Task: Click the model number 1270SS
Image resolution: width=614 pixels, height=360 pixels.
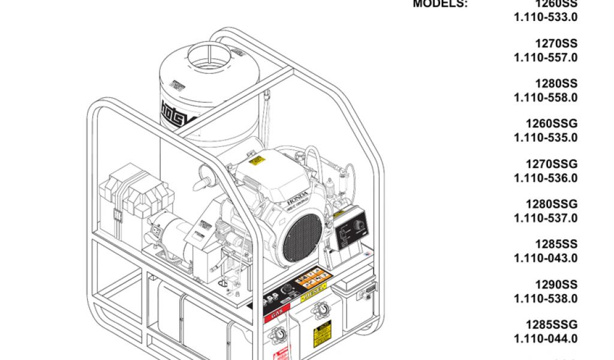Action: pos(556,44)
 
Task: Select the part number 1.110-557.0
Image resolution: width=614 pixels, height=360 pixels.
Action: pos(546,58)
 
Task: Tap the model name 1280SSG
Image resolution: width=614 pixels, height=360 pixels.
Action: pos(552,204)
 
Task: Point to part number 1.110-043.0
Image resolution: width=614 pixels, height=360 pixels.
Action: pos(546,258)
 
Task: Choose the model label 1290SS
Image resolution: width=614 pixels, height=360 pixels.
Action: pos(556,284)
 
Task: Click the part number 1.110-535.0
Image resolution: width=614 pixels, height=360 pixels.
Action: pos(546,137)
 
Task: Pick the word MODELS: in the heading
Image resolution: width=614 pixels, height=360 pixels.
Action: pos(440,4)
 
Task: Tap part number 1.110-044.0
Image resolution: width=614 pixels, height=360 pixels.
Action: pos(546,338)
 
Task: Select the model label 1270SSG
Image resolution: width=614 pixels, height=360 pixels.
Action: pos(552,164)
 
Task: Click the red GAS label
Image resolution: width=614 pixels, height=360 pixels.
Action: pos(276,314)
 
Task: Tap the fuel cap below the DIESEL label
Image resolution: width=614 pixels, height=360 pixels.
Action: pos(323,310)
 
